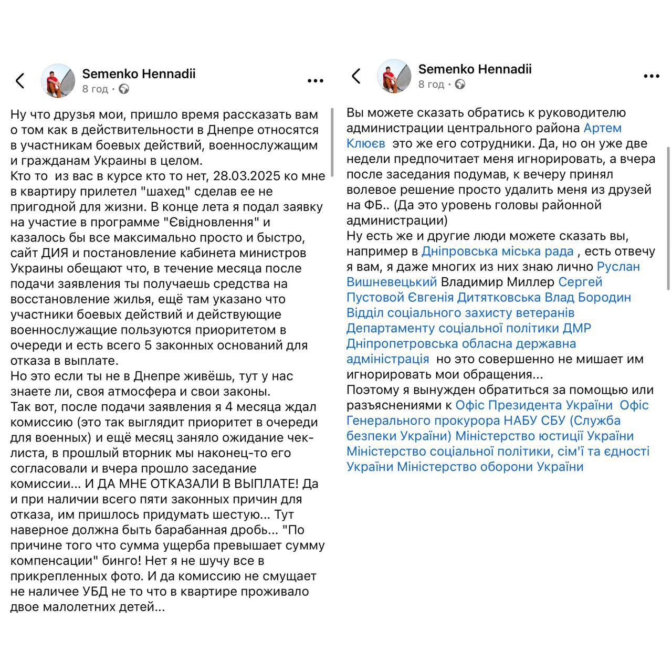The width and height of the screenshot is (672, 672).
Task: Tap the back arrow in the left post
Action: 20,81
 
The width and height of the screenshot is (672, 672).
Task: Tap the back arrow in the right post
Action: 356,76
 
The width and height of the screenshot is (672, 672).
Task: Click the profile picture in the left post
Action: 58,81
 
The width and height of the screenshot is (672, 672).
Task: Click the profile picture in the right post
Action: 394,76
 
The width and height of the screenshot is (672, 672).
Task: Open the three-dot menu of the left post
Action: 315,81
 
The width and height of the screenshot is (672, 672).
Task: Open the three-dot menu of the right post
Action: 651,76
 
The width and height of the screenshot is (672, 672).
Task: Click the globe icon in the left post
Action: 124,89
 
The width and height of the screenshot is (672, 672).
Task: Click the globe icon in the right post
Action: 460,85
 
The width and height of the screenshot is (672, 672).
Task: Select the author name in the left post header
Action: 139,73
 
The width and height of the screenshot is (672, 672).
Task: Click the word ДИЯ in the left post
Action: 54,253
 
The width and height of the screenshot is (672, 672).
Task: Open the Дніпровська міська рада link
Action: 497,251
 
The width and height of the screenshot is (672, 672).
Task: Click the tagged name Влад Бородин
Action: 587,297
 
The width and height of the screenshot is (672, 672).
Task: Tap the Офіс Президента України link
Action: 534,405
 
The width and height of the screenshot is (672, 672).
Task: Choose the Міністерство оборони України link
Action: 490,467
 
